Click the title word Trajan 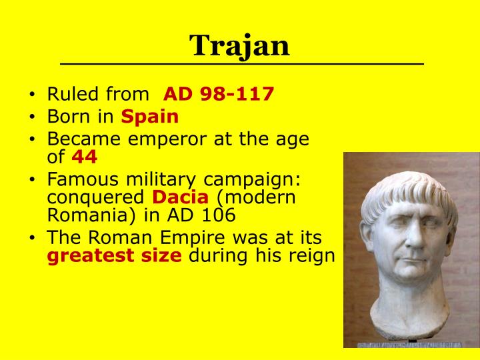(x=240, y=45)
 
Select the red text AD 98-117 (x=219, y=93)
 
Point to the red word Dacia (x=172, y=197)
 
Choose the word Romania (x=75, y=216)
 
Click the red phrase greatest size (x=115, y=256)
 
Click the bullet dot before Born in (x=33, y=117)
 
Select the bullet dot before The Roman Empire (x=33, y=239)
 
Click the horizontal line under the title (x=241, y=64)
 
